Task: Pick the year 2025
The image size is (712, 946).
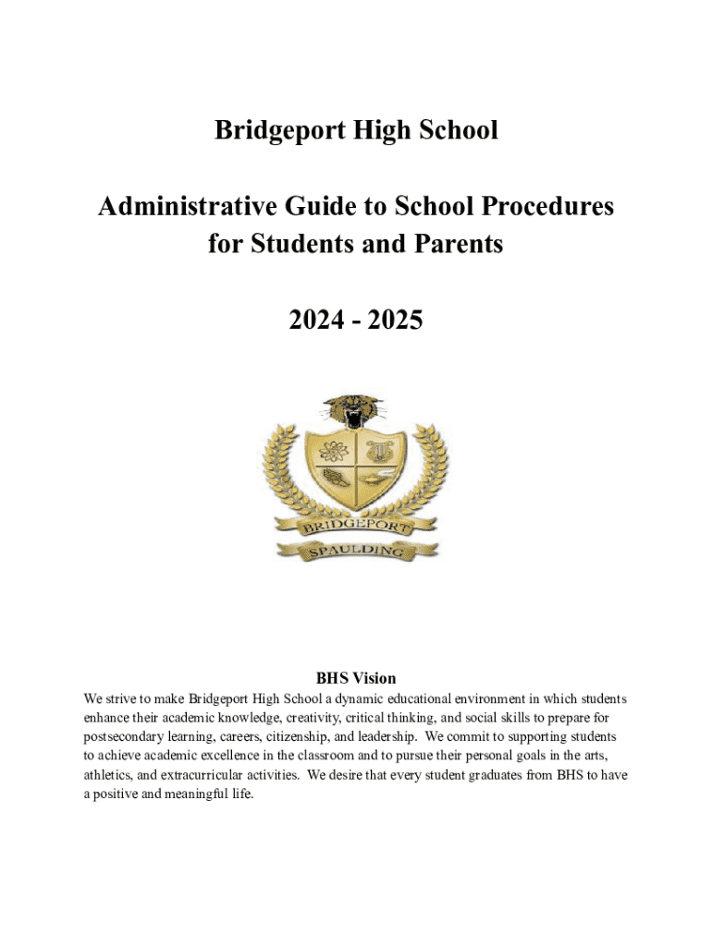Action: click(396, 321)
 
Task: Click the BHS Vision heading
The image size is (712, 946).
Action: click(356, 678)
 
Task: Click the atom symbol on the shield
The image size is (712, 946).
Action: click(332, 452)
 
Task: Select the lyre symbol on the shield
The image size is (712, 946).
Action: click(380, 452)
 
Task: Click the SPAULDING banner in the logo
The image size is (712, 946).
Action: click(356, 552)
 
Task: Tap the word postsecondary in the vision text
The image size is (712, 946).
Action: click(126, 737)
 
